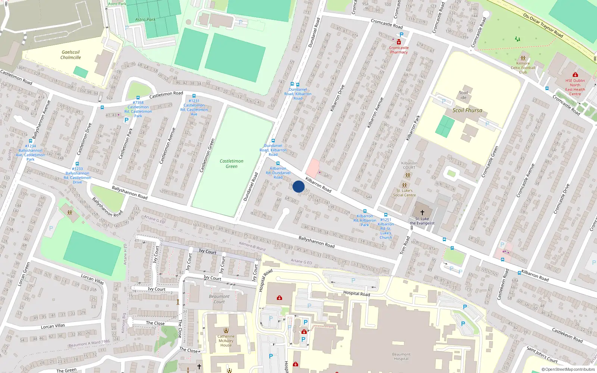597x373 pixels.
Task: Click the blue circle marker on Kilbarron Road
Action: coord(298,186)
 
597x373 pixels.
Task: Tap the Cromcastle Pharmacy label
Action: coord(399,50)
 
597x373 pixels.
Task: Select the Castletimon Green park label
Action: coord(231,164)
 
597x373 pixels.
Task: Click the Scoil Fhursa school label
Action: coord(467,110)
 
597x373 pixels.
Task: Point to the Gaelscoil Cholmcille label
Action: coord(71,55)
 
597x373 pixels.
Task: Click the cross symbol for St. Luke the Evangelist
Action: coord(422,212)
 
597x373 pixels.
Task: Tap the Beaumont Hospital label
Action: coord(401,357)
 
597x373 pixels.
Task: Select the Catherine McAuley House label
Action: coord(226,341)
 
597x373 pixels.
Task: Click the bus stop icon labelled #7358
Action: coord(138,98)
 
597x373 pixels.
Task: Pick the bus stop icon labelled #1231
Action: coord(194,96)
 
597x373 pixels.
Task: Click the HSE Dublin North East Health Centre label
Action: coord(575,87)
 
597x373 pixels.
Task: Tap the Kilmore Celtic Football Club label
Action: coord(523,68)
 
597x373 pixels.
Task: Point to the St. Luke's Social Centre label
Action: coord(404,193)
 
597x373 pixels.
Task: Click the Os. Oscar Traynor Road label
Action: coord(543,26)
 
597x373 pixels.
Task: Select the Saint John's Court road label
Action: coord(542,354)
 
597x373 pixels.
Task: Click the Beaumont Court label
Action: coord(219,299)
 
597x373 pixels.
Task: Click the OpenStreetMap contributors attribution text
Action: coord(568,369)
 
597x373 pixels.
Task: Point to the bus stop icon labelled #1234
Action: coord(31,141)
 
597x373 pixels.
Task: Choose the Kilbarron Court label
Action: coord(409,165)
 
